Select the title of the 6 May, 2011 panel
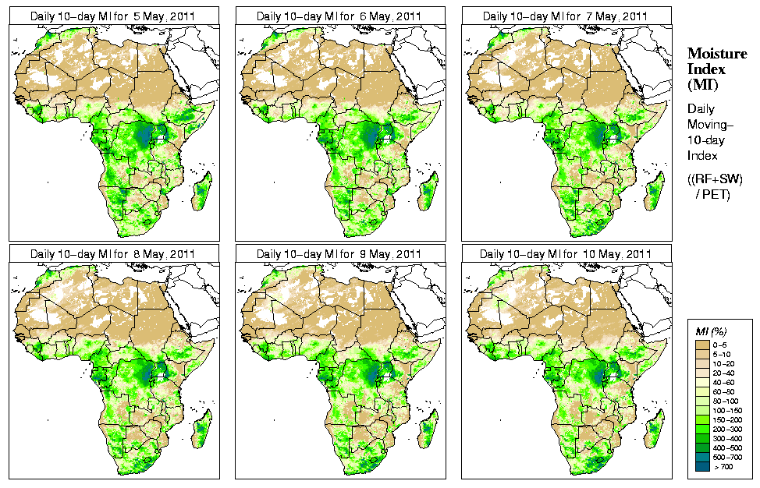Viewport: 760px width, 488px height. pyautogui.click(x=340, y=16)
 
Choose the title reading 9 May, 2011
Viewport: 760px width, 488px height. pyautogui.click(x=340, y=254)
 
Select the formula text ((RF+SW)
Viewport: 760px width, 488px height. pyautogui.click(x=716, y=179)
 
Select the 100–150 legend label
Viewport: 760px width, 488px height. pyautogui.click(x=725, y=409)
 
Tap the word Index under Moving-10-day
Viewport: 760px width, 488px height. pyautogui.click(x=702, y=156)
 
